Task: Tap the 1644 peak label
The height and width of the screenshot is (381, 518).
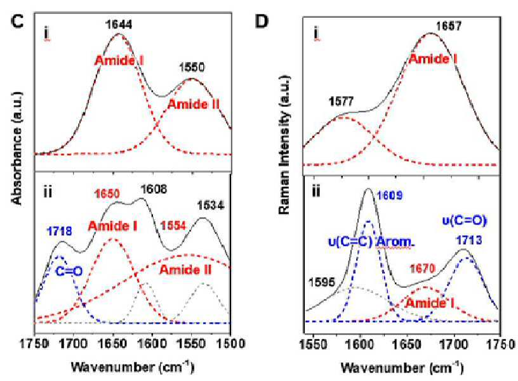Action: point(119,24)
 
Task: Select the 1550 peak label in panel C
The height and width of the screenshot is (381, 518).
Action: point(192,67)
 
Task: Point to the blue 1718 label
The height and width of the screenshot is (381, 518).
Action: point(59,231)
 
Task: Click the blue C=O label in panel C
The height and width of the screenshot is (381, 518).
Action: point(69,271)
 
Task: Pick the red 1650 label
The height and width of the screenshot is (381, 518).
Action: point(107,193)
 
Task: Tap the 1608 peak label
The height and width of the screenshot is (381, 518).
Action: point(154,189)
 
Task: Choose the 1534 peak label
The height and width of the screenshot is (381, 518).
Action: point(211,205)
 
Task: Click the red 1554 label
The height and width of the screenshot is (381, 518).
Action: point(173,226)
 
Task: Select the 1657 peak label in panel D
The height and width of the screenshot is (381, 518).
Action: point(449,26)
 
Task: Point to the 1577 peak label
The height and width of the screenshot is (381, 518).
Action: point(342,101)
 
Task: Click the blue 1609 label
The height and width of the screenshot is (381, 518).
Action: point(390,196)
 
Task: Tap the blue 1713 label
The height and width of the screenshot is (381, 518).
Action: point(469,240)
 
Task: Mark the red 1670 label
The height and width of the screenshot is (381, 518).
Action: point(423,269)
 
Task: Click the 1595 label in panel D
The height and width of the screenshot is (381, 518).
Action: point(322,282)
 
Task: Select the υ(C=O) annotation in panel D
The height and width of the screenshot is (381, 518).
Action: point(465,221)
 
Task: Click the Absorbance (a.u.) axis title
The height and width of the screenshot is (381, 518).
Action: point(17,148)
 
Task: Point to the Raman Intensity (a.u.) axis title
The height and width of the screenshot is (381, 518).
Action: point(284,145)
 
